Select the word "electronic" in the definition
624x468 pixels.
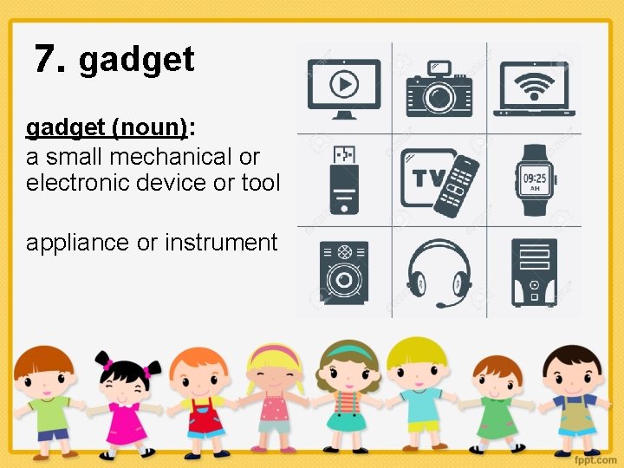click(77, 183)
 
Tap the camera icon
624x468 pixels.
click(439, 88)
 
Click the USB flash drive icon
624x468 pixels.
click(345, 181)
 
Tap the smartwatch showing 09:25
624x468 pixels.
click(535, 180)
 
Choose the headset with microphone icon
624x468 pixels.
click(439, 274)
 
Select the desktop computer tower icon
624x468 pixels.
click(534, 273)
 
